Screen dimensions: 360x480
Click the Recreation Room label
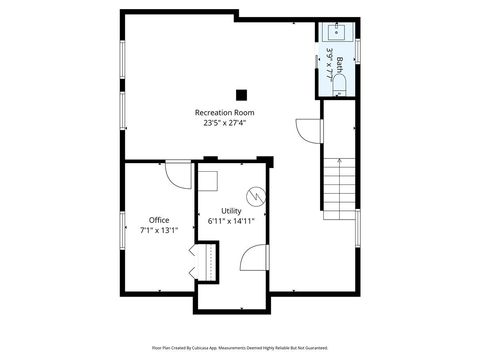click(x=223, y=113)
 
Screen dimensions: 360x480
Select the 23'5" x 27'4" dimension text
click(x=223, y=124)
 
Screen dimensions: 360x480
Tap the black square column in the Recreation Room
click(x=241, y=95)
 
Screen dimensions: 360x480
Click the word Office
click(x=159, y=220)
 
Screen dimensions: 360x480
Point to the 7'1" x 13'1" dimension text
click(x=159, y=231)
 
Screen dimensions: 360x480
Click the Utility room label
click(x=231, y=211)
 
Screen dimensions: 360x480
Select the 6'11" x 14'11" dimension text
click(x=231, y=222)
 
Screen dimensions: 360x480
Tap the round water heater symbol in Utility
click(x=256, y=195)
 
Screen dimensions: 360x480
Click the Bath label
click(x=339, y=67)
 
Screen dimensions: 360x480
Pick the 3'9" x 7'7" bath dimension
click(x=329, y=62)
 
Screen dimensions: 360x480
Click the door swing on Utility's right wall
click(x=255, y=259)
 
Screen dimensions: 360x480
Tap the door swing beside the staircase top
click(x=307, y=130)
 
